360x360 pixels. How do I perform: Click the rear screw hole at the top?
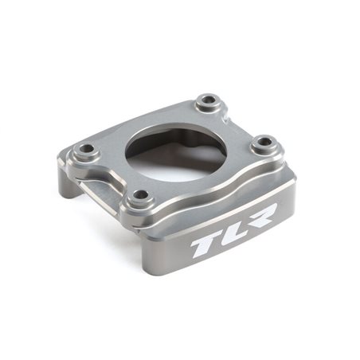(207, 101)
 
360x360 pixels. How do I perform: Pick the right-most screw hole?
(264, 144)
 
